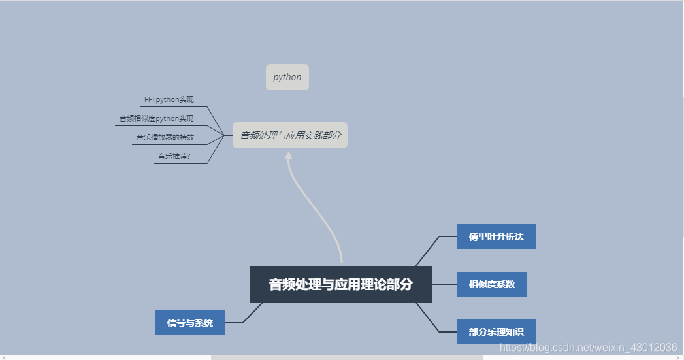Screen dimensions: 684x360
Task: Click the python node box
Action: click(287, 77)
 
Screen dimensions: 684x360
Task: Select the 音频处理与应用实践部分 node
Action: click(290, 135)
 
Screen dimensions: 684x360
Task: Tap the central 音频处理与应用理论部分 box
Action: click(341, 284)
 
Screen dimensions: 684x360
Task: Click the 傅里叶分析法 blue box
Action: click(496, 237)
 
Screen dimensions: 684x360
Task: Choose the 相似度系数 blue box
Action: click(491, 284)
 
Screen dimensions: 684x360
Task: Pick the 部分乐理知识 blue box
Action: click(496, 332)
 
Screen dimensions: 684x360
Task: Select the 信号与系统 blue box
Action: click(189, 323)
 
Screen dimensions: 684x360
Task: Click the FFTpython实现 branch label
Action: click(169, 100)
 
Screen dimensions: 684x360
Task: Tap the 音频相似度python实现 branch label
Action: click(156, 118)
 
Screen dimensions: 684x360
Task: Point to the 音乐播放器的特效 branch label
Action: click(165, 137)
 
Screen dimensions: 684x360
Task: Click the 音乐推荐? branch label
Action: click(174, 156)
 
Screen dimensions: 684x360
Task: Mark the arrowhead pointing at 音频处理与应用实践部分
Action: click(288, 155)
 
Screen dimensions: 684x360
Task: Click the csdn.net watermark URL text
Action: click(588, 347)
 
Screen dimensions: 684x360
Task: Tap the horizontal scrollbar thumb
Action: click(346, 357)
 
